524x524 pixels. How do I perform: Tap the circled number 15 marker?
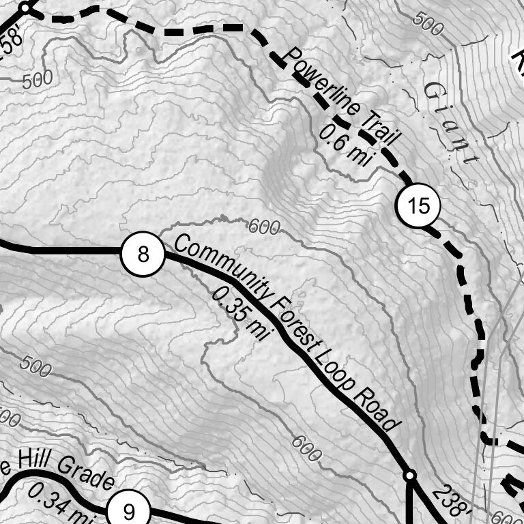pyautogui.click(x=418, y=205)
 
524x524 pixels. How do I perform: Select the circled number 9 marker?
pyautogui.click(x=129, y=510)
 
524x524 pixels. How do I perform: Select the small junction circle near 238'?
pyautogui.click(x=409, y=474)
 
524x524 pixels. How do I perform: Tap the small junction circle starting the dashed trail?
pyautogui.click(x=25, y=8)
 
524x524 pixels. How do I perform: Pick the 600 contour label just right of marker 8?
pyautogui.click(x=263, y=226)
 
